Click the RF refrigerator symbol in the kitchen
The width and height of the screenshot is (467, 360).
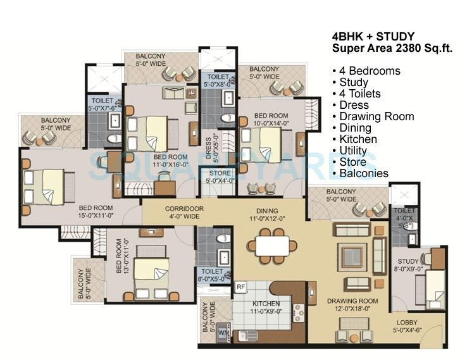pyautogui.click(x=240, y=287)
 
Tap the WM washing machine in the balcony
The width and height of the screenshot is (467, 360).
pyautogui.click(x=223, y=332)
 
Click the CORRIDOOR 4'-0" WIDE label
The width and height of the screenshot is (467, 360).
pyautogui.click(x=184, y=212)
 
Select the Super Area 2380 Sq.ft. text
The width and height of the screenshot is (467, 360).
pyautogui.click(x=392, y=48)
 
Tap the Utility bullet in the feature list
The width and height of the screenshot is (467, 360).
pyautogui.click(x=352, y=151)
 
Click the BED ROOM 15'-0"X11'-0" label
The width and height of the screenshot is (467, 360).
pyautogui.click(x=96, y=211)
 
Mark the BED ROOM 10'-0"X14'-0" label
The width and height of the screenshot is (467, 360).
pyautogui.click(x=271, y=120)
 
